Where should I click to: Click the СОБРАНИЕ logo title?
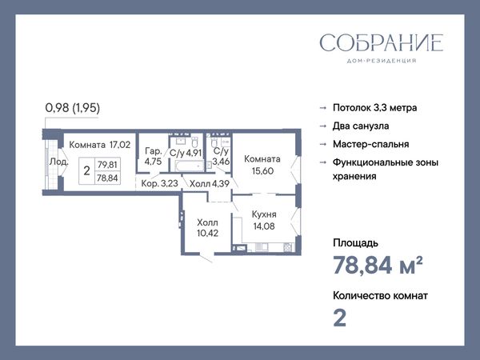click(x=382, y=42)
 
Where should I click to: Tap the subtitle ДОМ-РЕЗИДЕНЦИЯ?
click(x=382, y=61)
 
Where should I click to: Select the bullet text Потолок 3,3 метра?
click(x=374, y=108)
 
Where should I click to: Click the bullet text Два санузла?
click(x=361, y=126)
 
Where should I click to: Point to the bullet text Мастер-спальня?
click(x=370, y=144)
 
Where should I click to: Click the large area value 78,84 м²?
click(x=378, y=265)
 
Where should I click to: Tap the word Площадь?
click(x=355, y=243)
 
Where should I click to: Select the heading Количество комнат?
click(x=380, y=296)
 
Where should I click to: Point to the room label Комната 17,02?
click(x=100, y=145)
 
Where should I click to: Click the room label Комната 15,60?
click(x=262, y=165)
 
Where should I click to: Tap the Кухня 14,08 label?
click(x=264, y=220)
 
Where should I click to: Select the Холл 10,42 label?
click(x=207, y=228)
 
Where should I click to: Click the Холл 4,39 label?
click(x=210, y=184)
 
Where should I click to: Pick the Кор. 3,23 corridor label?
click(x=159, y=183)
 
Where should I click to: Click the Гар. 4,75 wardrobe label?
click(x=153, y=156)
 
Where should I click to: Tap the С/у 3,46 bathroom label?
click(x=221, y=156)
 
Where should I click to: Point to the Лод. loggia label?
click(x=58, y=162)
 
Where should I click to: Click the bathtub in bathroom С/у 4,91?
click(x=190, y=166)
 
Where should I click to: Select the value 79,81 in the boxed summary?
click(x=107, y=165)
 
